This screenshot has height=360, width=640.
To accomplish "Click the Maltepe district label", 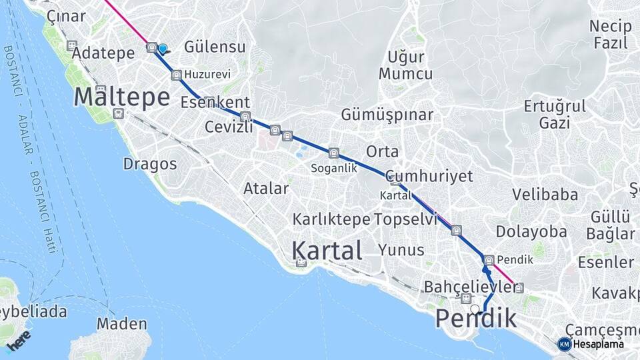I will click(121, 97).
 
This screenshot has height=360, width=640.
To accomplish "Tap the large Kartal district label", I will click(327, 251).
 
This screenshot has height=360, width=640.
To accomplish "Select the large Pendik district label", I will click(476, 319).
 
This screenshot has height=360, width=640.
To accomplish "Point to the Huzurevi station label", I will click(208, 74).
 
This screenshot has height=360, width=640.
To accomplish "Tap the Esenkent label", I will click(215, 103).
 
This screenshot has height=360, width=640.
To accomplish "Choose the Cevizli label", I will click(229, 127).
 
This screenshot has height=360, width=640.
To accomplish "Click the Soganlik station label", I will click(333, 169).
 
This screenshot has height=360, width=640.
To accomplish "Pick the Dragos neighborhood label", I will click(150, 163).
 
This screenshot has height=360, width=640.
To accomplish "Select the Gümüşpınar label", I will click(387, 115).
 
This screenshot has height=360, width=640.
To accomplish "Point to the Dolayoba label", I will click(531, 231).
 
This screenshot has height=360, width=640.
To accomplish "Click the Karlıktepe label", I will click(331, 219).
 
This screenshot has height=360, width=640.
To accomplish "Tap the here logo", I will click(21, 341).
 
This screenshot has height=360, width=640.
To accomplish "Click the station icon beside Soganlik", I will click(333, 153).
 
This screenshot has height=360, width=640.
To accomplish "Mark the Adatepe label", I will click(105, 53).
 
